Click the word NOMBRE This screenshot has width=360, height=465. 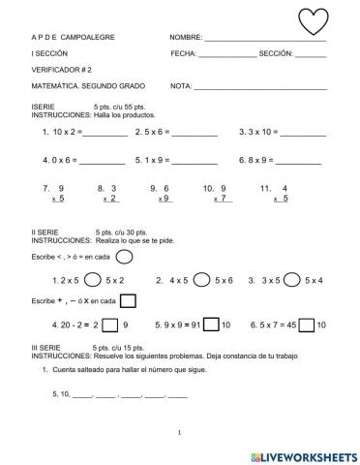[186, 37]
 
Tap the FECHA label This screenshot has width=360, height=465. [183, 53]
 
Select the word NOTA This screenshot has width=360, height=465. [181, 86]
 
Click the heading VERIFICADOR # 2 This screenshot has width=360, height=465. [68, 70]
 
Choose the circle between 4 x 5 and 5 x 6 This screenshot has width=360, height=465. [201, 280]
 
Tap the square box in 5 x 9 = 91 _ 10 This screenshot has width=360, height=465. [210, 325]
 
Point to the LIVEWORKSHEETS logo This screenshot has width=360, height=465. [304, 453]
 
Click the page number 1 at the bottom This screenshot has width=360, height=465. [180, 433]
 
